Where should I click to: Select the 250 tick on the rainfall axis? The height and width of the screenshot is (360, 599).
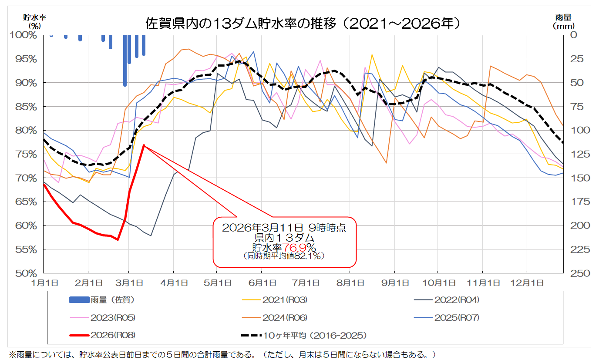click(x=576, y=273)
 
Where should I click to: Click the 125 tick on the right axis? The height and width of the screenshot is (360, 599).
click(x=576, y=154)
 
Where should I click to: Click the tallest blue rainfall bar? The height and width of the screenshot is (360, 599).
click(x=125, y=61)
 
